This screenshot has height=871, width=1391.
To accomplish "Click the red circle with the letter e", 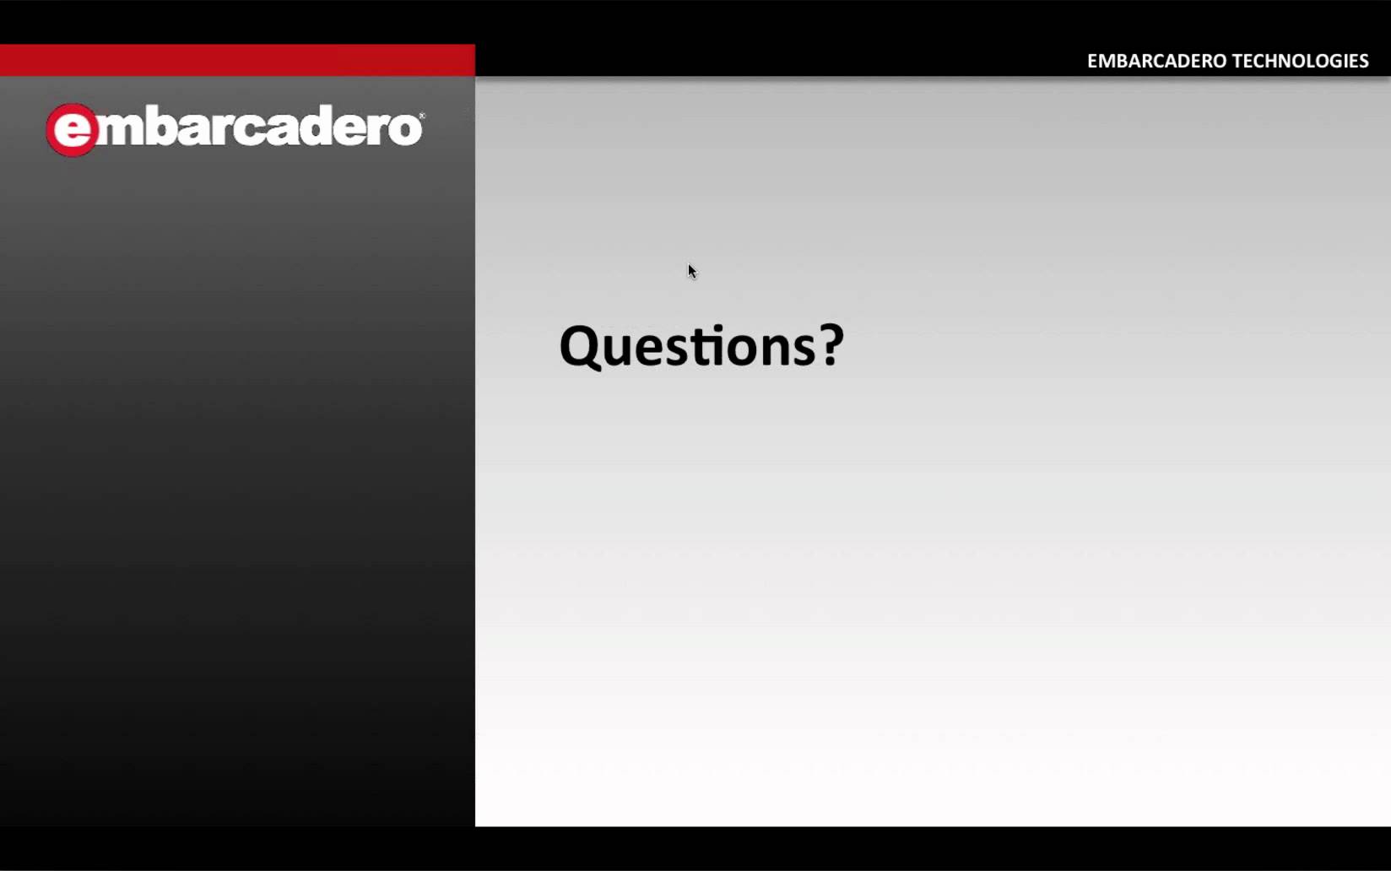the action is click(72, 130).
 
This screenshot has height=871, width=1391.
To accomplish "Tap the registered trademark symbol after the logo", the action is click(422, 116).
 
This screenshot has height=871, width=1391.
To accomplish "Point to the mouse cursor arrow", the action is click(692, 272).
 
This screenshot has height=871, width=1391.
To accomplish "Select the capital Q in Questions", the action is click(581, 348).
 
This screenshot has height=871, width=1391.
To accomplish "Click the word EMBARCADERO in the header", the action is click(1157, 61).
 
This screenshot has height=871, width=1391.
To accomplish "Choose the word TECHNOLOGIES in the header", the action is click(1301, 61).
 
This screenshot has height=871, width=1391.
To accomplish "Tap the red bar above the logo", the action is click(237, 60).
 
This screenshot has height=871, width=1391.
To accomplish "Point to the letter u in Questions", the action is click(621, 351).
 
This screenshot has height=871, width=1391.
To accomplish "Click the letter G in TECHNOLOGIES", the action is click(1334, 61).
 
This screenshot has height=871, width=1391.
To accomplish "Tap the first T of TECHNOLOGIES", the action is click(1238, 61).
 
